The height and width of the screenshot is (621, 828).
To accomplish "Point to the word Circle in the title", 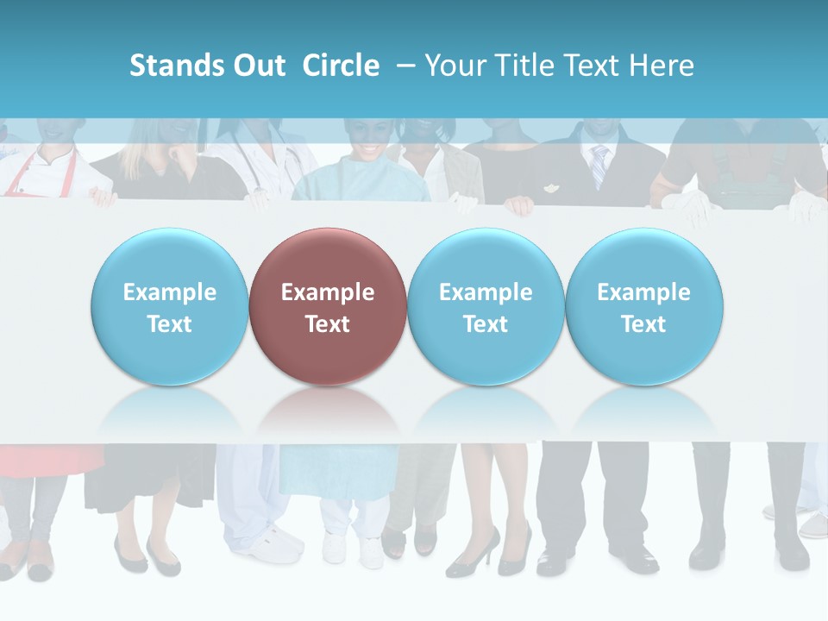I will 341,66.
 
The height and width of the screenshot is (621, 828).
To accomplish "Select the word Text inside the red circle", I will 327,324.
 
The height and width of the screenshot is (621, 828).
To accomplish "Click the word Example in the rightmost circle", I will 643,292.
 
